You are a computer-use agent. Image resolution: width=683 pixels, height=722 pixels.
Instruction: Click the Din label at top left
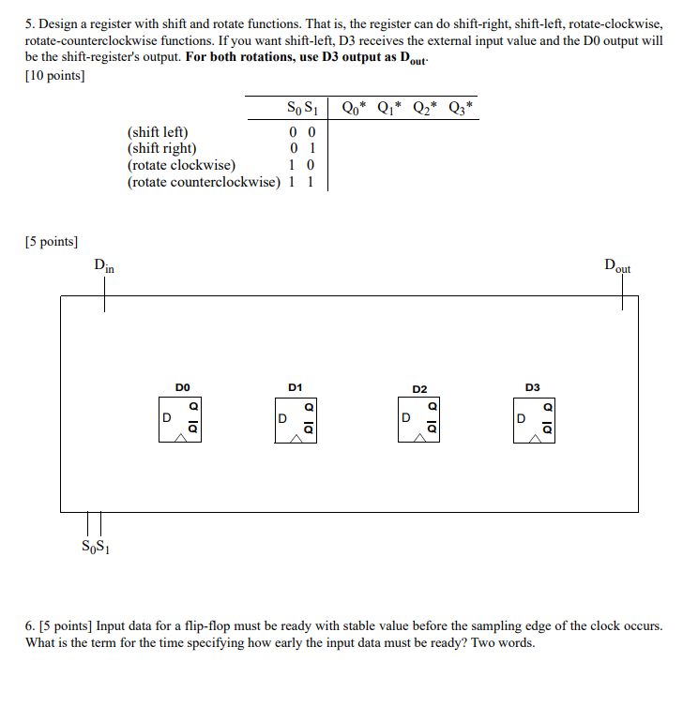pos(104,265)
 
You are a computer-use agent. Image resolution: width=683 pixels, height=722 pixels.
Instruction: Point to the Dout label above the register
pos(617,265)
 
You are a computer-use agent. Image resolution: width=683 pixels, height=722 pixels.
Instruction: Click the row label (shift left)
pos(158,132)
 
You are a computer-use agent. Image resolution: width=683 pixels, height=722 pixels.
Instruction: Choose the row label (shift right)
pos(161,148)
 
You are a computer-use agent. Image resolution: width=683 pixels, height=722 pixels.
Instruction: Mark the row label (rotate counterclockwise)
pos(204,181)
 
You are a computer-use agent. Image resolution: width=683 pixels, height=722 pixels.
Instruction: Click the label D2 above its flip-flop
pos(418,387)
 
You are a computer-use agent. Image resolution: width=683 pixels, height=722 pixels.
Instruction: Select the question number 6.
pos(29,625)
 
